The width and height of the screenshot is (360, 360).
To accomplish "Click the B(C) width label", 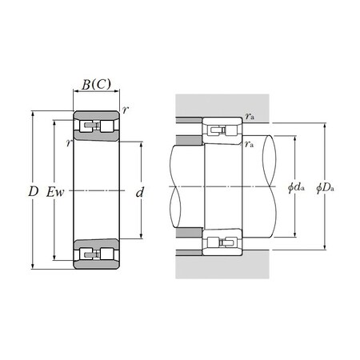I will click(x=97, y=86).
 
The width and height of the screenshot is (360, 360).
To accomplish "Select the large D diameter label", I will click(x=33, y=191).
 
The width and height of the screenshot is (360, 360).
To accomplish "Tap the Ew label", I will click(x=55, y=192).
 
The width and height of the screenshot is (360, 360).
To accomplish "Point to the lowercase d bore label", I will click(x=140, y=192).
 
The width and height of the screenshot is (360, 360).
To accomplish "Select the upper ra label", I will click(x=250, y=117).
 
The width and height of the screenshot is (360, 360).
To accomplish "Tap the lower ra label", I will click(x=250, y=145).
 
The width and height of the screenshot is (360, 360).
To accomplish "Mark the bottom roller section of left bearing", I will click(x=96, y=254).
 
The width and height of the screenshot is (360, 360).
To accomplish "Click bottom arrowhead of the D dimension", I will click(x=33, y=269).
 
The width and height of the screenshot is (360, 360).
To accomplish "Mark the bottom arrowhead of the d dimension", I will click(x=140, y=238).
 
